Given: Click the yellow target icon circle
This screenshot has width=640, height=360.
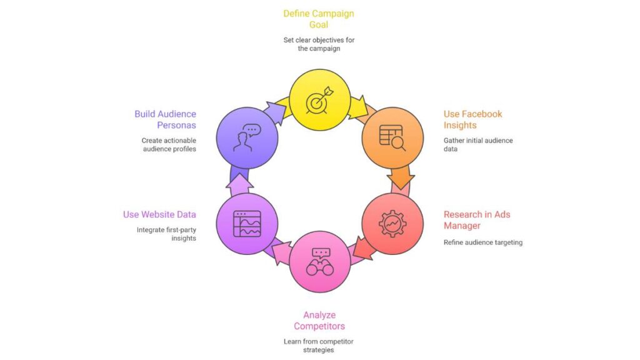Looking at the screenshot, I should pyautogui.click(x=319, y=100).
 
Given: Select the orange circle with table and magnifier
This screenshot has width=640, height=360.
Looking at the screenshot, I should pyautogui.click(x=392, y=137).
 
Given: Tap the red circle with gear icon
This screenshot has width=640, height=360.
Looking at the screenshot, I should pyautogui.click(x=392, y=223).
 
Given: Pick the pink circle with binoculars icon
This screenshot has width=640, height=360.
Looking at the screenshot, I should pyautogui.click(x=319, y=261).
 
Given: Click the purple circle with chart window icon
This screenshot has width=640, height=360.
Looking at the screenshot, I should pyautogui.click(x=247, y=223).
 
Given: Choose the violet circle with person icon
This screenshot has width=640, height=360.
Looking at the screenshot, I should pyautogui.click(x=247, y=137).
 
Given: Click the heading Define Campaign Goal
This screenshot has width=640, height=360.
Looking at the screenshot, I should pyautogui.click(x=319, y=19).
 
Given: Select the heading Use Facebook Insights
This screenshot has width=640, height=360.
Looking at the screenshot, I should pyautogui.click(x=472, y=119).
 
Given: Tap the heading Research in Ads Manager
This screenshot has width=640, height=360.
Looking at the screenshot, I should pyautogui.click(x=477, y=220).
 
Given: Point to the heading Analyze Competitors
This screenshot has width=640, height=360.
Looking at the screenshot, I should pyautogui.click(x=319, y=321).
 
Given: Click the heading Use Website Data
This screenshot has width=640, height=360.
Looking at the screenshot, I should pyautogui.click(x=159, y=214).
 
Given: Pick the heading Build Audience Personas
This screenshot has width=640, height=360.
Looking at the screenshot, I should pyautogui.click(x=165, y=119).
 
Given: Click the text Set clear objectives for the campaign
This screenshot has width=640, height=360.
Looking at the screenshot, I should pyautogui.click(x=319, y=44).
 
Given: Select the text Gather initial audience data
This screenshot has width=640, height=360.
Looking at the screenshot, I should pyautogui.click(x=478, y=144).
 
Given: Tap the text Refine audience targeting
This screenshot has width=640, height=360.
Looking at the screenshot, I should pyautogui.click(x=483, y=242).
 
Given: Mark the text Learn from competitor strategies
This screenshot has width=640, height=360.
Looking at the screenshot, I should pyautogui.click(x=319, y=346).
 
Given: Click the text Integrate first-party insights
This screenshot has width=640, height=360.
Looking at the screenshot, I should pyautogui.click(x=166, y=234).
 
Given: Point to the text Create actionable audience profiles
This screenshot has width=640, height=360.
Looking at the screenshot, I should pyautogui.click(x=168, y=144).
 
